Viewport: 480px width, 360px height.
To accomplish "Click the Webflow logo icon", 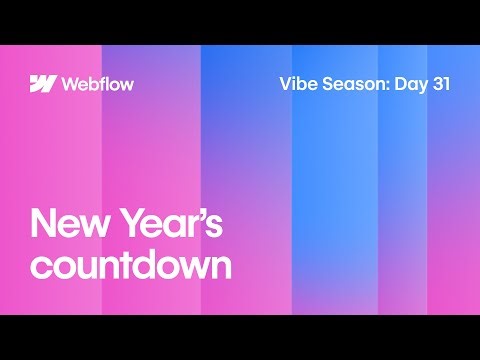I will (x=42, y=83).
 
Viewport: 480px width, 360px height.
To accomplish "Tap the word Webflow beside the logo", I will (x=97, y=83).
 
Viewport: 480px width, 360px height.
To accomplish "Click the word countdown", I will (x=131, y=265).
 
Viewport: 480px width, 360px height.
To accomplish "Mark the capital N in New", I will (x=44, y=223).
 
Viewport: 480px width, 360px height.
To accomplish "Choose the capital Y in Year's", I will (x=131, y=223).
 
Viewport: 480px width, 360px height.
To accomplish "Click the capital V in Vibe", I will (x=284, y=83).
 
